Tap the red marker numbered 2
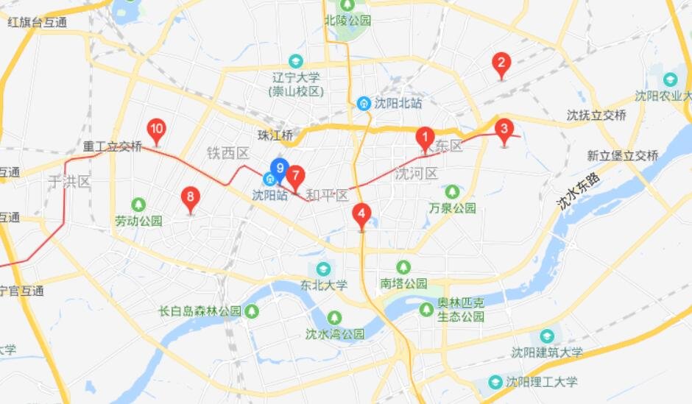point(501,64)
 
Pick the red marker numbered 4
point(361,215)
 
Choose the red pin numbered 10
point(156,130)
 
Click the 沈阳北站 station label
point(390,104)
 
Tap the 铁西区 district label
point(228,152)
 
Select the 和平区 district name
point(327,195)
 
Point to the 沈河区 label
point(416,174)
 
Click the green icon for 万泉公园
point(452,191)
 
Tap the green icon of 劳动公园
point(138,204)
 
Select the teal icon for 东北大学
point(323,268)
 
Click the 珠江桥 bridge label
point(275,136)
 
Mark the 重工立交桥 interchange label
point(112,146)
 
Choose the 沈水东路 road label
point(579,191)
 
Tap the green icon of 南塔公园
point(403,266)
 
